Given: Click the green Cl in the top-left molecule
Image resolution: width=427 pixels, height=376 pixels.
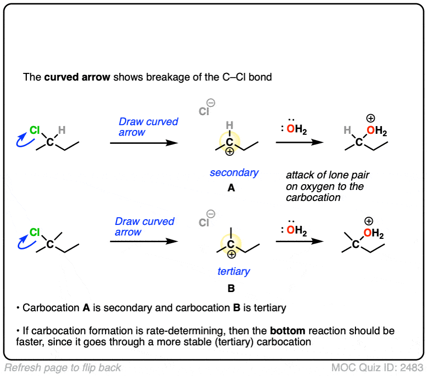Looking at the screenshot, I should tap(35, 130).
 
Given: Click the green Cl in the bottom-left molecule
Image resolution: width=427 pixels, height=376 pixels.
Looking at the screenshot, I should tap(35, 233).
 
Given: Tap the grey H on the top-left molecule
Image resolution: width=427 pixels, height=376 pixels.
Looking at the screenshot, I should tap(61, 130).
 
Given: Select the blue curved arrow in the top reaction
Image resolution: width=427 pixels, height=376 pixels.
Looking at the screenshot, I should tap(22, 140).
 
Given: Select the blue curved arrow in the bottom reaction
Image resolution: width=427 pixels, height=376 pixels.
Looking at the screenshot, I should tap(22, 243).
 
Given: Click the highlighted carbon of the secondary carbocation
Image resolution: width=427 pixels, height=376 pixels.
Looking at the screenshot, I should tap(230, 142).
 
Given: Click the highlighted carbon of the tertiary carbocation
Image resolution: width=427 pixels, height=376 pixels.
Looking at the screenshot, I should tap(231, 245).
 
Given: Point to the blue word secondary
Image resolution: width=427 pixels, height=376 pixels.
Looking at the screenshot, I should tap(234, 173).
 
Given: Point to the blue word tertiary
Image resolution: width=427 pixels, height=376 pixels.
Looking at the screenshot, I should tap(234, 271).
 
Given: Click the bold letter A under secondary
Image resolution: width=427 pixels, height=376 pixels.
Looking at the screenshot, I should tap(231, 188).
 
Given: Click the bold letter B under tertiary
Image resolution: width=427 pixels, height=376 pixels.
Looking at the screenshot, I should tap(231, 289).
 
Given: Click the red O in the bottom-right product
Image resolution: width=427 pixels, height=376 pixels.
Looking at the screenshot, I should tap(367, 234).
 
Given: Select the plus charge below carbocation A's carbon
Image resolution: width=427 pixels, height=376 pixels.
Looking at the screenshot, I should tap(230, 152).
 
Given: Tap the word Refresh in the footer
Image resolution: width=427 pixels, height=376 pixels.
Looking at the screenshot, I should tap(23, 368).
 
